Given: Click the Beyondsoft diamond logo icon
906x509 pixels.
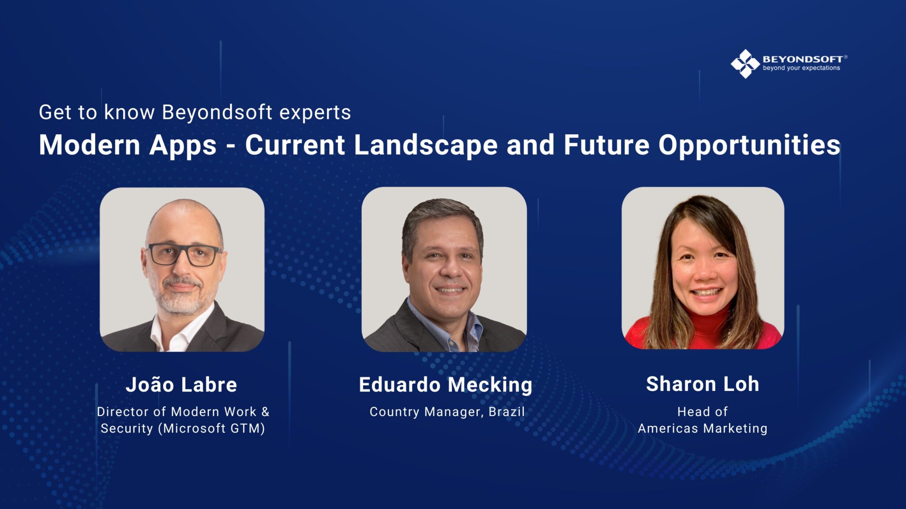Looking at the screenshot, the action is [x=745, y=64].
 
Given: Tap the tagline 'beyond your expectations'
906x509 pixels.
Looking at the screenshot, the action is [x=801, y=68].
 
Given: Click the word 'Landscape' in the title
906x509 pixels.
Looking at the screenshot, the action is [x=426, y=145].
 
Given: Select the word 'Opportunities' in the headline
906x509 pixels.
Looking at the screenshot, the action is [x=749, y=145].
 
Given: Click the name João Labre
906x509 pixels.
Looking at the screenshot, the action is [x=181, y=384].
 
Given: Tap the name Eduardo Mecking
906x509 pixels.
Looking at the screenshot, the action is [x=445, y=385].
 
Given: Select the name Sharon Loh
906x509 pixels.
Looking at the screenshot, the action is [x=703, y=384].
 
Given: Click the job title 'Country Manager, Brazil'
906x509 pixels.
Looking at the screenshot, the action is [x=447, y=412].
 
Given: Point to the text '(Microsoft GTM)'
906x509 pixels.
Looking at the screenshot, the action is [x=211, y=429].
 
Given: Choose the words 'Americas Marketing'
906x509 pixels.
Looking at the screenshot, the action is [x=703, y=429].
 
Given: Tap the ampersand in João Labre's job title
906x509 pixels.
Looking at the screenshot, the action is [x=265, y=412].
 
